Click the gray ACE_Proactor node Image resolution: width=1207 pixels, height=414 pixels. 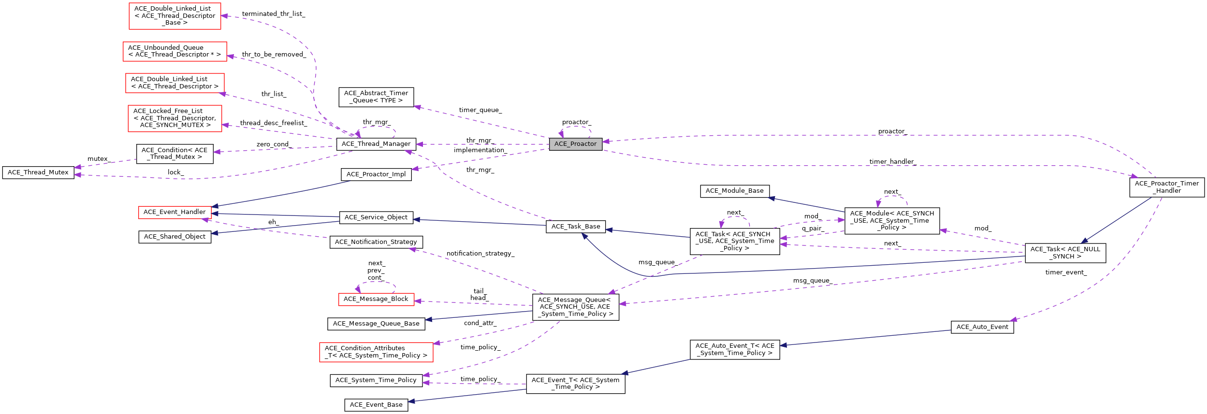pyautogui.click(x=575, y=144)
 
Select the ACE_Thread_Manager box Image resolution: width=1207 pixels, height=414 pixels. pyautogui.click(x=376, y=144)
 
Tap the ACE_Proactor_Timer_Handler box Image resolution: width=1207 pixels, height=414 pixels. pyautogui.click(x=1166, y=187)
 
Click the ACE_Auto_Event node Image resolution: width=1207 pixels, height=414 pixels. pyautogui.click(x=982, y=327)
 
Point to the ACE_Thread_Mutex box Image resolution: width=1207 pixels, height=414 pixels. pyautogui.click(x=38, y=172)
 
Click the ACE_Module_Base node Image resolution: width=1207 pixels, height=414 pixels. pyautogui.click(x=734, y=191)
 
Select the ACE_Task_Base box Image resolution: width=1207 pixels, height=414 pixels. pyautogui.click(x=575, y=227)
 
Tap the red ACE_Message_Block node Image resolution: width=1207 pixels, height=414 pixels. pyautogui.click(x=376, y=299)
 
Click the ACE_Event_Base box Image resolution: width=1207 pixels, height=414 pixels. pyautogui.click(x=376, y=405)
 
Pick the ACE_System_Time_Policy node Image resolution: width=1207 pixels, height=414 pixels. pyautogui.click(x=376, y=380)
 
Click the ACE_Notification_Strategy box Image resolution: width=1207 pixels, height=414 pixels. pyautogui.click(x=376, y=242)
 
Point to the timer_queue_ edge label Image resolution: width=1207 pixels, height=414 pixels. pyautogui.click(x=480, y=110)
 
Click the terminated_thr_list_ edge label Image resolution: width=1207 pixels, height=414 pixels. pyautogui.click(x=273, y=14)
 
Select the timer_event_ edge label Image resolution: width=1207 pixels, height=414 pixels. pyautogui.click(x=1066, y=272)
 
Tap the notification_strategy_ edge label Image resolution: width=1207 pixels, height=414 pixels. pyautogui.click(x=480, y=254)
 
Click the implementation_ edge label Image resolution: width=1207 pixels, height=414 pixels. pyautogui.click(x=480, y=150)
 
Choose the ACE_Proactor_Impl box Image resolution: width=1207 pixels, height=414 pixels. pyautogui.click(x=376, y=174)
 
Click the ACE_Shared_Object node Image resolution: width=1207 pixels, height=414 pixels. pyautogui.click(x=175, y=237)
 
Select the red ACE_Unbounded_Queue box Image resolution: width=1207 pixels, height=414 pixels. pyautogui.click(x=175, y=51)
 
